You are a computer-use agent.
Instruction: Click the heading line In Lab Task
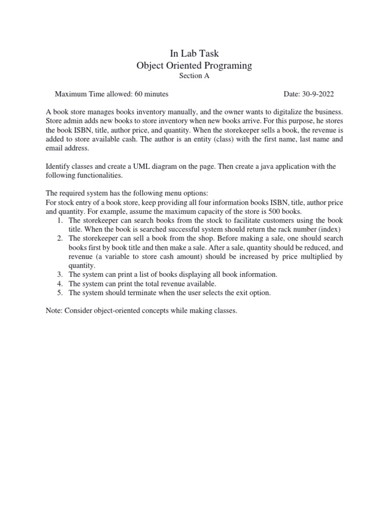[194, 53]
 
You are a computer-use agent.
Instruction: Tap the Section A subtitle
[194, 76]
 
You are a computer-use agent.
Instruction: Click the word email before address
[55, 149]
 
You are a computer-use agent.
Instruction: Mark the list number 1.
[59, 221]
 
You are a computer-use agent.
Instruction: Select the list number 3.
[59, 275]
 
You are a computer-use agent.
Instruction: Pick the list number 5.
[59, 293]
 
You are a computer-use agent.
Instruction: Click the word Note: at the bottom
[54, 311]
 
